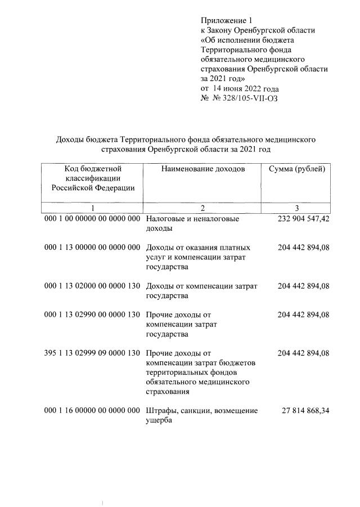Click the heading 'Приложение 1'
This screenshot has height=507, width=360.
click(x=223, y=20)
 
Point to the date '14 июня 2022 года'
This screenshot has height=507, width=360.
click(x=245, y=88)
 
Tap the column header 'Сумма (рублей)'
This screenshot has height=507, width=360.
click(x=296, y=168)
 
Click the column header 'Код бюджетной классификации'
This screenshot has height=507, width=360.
click(x=93, y=178)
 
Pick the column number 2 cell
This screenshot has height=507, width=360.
click(x=202, y=208)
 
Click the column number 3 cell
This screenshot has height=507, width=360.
click(x=296, y=208)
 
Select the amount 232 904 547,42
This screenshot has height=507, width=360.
click(x=303, y=219)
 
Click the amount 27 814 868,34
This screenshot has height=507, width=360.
click(x=305, y=411)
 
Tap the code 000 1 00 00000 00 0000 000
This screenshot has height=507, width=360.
click(x=92, y=219)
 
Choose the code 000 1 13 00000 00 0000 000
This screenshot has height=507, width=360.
click(x=92, y=248)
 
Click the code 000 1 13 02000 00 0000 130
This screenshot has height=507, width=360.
click(x=92, y=286)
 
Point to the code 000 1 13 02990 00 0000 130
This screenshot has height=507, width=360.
click(x=92, y=315)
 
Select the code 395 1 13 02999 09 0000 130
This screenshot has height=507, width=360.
click(x=92, y=353)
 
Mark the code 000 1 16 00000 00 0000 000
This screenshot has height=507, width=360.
click(x=92, y=411)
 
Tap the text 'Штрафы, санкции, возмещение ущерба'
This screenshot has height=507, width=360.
click(x=201, y=415)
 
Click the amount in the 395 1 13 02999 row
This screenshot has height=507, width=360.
click(x=303, y=353)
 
